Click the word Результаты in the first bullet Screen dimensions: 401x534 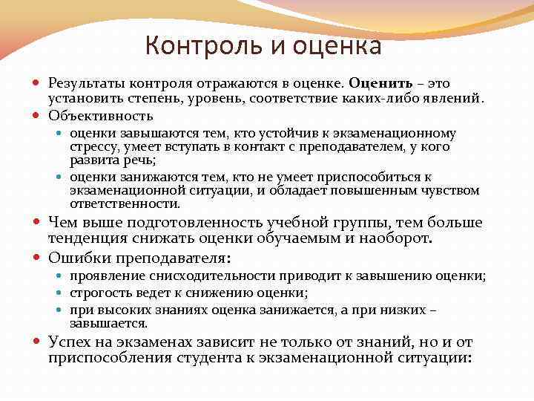tap(84, 83)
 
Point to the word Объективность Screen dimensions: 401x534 tap(101, 115)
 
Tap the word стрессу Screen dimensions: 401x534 tap(92, 146)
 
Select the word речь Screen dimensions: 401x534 tap(140, 159)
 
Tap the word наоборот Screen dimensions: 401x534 tap(399, 238)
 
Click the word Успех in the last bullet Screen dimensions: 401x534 tap(70, 342)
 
